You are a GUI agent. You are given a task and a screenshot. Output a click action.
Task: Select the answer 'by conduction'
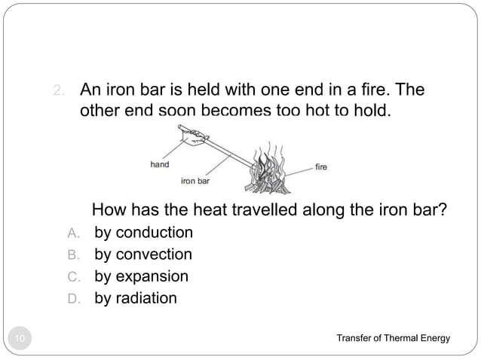143,232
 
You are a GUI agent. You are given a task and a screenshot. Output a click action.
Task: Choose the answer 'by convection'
143,254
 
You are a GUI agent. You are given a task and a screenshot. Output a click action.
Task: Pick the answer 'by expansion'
141,276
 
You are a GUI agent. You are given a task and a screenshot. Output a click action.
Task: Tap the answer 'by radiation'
136,298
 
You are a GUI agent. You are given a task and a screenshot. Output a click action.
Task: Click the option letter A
73,233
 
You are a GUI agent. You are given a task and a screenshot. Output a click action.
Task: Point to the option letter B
73,255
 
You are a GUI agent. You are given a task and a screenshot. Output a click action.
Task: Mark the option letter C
73,276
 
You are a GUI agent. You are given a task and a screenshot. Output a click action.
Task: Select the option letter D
73,299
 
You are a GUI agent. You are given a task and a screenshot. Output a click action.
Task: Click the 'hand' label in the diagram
159,163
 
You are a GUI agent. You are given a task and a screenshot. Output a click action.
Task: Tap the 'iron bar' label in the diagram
195,181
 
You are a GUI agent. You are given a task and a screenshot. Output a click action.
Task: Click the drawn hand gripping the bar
194,139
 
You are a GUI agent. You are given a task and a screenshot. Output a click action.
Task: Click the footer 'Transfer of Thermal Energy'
393,338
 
